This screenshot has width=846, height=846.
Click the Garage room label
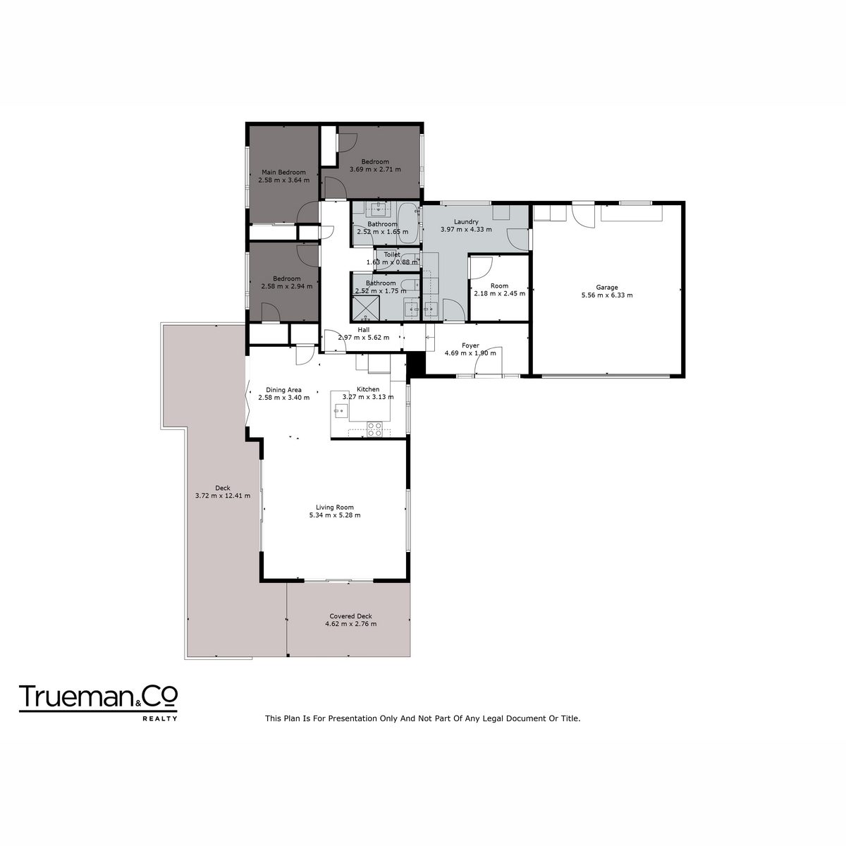606,287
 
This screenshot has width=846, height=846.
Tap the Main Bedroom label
283,172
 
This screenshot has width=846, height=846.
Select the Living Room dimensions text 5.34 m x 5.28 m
335,515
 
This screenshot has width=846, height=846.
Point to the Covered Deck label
350,616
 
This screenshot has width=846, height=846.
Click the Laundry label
466,221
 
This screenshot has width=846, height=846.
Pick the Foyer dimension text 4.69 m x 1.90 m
470,353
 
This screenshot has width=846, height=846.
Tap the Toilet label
391,255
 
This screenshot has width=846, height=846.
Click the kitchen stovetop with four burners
374,429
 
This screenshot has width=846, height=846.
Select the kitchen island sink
339,411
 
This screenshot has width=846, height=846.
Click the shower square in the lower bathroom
365,307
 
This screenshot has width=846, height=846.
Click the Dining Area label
283,390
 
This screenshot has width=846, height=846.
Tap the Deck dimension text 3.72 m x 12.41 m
223,496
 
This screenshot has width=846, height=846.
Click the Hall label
364,330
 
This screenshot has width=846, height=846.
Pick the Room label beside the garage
499,286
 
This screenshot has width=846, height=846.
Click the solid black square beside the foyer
416,364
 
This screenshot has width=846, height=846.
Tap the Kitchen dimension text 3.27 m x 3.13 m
368,397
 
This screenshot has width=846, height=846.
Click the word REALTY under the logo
160,718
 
